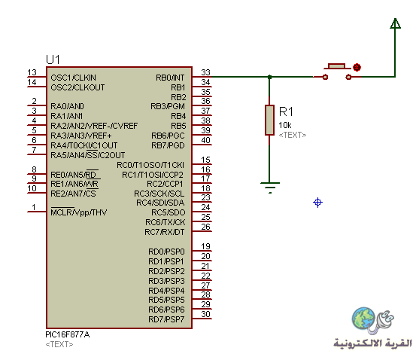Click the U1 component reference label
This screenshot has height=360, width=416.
pos(53,59)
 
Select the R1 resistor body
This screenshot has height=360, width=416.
pos(269,120)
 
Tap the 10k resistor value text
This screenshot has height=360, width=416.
pos(285,125)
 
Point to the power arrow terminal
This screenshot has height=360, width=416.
pos(395,23)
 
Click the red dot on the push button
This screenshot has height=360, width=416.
pos(357,67)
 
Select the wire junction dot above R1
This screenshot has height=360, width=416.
pos(269,77)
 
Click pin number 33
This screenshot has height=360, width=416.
pos(205,72)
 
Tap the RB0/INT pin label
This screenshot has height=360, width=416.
pos(170,78)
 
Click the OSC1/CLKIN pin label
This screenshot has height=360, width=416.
pos(73,78)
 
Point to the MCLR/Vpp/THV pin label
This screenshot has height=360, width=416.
pos(79,212)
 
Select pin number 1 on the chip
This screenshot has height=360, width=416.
pos(34,207)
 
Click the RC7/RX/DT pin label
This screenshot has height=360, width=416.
pos(165,232)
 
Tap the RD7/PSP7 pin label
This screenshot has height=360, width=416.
pos(166,319)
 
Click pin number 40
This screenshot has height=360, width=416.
pos(205,140)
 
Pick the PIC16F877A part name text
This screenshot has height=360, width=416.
pos(68,334)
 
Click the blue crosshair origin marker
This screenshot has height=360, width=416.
pos(318,203)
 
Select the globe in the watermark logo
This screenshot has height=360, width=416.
pos(363,318)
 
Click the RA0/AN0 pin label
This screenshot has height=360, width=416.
pos(67,106)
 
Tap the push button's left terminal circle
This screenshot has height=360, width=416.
pos(325,77)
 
